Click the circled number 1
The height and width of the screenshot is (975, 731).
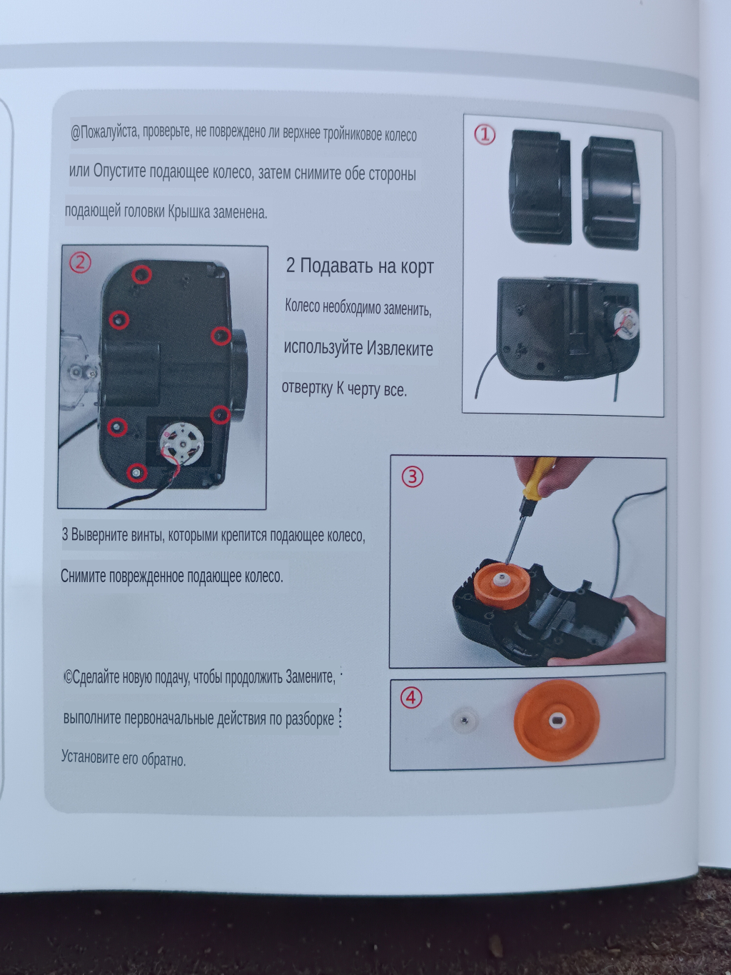click(485, 134)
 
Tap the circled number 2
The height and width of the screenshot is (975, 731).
click(80, 263)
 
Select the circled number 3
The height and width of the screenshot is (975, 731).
click(413, 476)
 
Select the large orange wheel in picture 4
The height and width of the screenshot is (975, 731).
click(557, 720)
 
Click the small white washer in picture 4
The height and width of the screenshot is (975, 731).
click(465, 719)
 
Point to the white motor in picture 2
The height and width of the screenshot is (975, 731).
click(181, 444)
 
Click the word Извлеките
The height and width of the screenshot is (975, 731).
click(400, 349)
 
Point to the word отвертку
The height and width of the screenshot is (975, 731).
click(307, 388)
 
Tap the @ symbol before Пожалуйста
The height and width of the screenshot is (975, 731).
click(76, 132)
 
